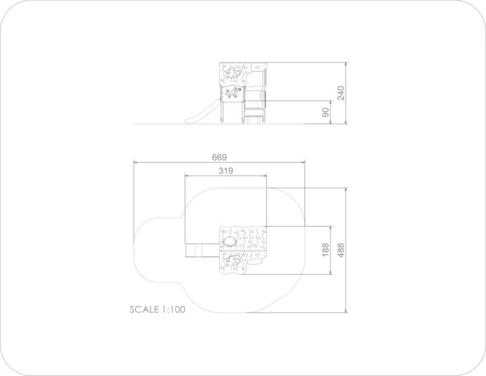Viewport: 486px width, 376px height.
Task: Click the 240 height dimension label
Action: (x=340, y=93)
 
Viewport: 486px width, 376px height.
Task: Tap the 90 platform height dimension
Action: (x=325, y=112)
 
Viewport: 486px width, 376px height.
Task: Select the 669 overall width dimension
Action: (x=219, y=157)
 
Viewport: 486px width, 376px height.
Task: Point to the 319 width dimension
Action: (x=226, y=171)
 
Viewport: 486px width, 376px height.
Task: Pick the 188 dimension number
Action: (x=325, y=250)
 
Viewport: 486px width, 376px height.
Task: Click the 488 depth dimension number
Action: (x=340, y=250)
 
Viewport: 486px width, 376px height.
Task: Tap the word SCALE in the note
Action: (x=144, y=310)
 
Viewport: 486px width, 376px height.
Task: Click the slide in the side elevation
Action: (x=202, y=111)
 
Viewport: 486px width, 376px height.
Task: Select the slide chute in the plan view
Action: (x=202, y=251)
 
